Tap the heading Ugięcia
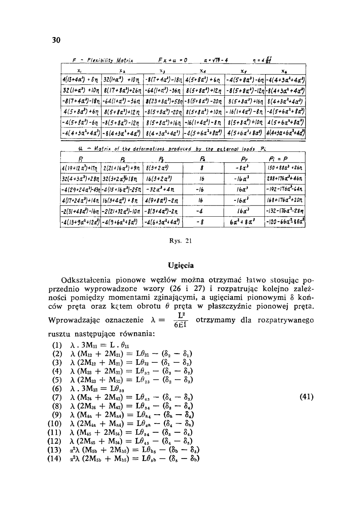point(181,266)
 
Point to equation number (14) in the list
point(55,458)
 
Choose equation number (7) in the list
point(57,397)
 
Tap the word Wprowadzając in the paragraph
point(75,320)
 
